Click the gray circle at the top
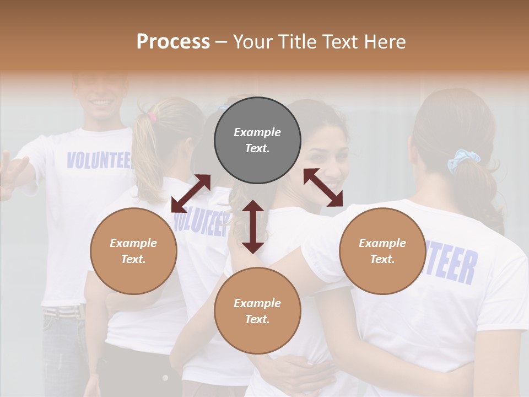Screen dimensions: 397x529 pos(257,141)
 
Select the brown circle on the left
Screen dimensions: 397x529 pos(133,251)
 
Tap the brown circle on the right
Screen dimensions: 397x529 pos(382,251)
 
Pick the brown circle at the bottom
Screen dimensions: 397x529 pos(257,310)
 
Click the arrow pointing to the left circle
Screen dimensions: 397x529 pos(191,193)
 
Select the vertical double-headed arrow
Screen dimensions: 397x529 pos(253,227)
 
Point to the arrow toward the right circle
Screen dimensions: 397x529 pos(323,187)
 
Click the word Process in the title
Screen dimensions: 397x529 pos(173,41)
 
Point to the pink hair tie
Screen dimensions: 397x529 pos(152,116)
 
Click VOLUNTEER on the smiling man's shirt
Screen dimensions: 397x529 pos(99,160)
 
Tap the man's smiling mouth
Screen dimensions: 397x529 pos(101,103)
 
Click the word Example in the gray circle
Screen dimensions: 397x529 pos(257,132)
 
